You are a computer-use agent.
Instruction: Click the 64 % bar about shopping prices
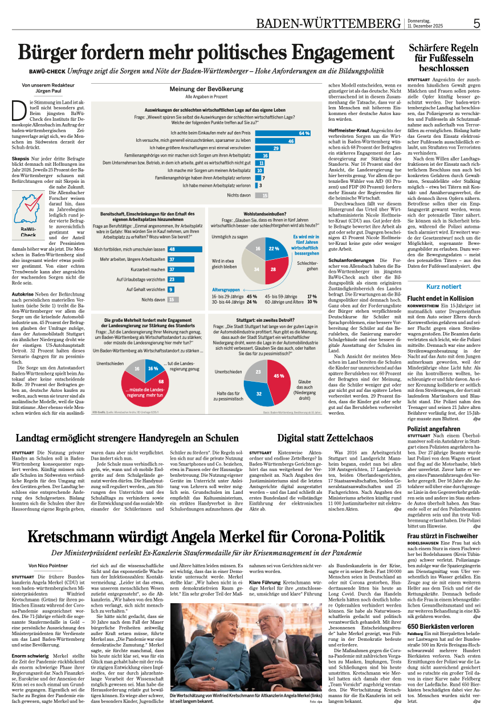click(283, 133)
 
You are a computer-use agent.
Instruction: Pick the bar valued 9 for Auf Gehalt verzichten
click(171, 289)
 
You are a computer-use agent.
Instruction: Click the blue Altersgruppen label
click(226, 290)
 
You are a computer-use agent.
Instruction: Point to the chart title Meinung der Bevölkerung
click(206, 89)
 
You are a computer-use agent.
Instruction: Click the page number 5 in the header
click(477, 23)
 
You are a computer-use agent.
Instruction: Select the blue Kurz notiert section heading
click(443, 287)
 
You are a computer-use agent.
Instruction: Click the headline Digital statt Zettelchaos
click(325, 439)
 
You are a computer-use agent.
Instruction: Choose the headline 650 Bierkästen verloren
click(434, 627)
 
